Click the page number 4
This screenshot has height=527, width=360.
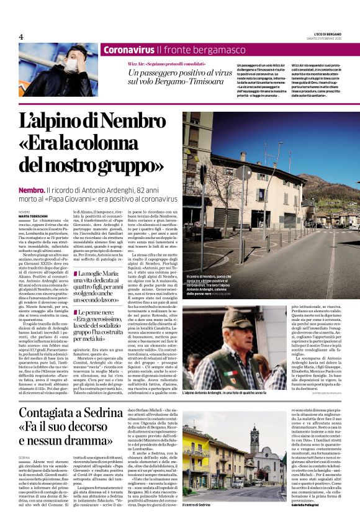(x=20, y=36)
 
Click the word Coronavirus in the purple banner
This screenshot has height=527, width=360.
(x=128, y=50)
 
